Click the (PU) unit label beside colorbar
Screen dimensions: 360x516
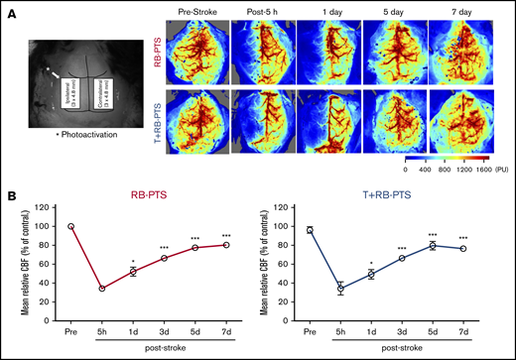tap(503, 169)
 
